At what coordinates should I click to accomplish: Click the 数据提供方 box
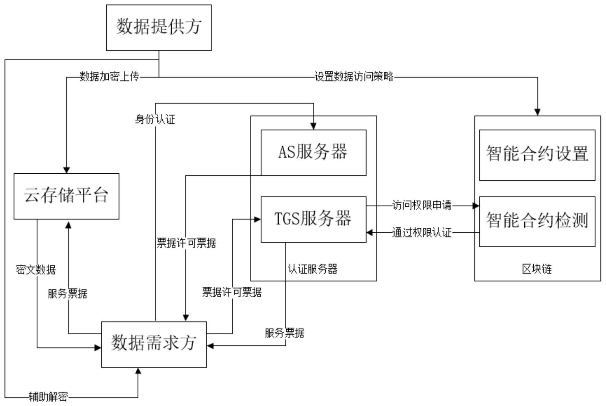tap(159, 27)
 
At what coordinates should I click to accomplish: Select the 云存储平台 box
tap(66, 196)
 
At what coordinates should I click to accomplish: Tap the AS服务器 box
tap(313, 153)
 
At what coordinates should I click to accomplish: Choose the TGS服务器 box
tap(313, 219)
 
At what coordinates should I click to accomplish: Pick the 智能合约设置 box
tap(537, 155)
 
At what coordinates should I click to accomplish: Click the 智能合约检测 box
tap(537, 222)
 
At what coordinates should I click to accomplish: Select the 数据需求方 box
tap(154, 344)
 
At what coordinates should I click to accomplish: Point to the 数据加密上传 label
tap(109, 77)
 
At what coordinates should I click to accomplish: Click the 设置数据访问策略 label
tap(354, 77)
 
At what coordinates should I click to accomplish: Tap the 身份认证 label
tap(155, 120)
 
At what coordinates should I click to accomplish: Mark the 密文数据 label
tap(36, 269)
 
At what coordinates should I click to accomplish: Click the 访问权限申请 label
tap(422, 205)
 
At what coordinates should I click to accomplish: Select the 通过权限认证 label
tap(422, 233)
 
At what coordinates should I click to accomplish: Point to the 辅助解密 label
tap(48, 397)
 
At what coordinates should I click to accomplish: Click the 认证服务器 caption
tap(313, 269)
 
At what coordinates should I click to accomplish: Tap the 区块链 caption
tap(537, 269)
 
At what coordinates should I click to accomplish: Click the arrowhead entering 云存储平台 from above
tap(66, 170)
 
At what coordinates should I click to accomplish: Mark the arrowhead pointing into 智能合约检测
tap(476, 206)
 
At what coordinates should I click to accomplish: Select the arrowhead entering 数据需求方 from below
tap(138, 371)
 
